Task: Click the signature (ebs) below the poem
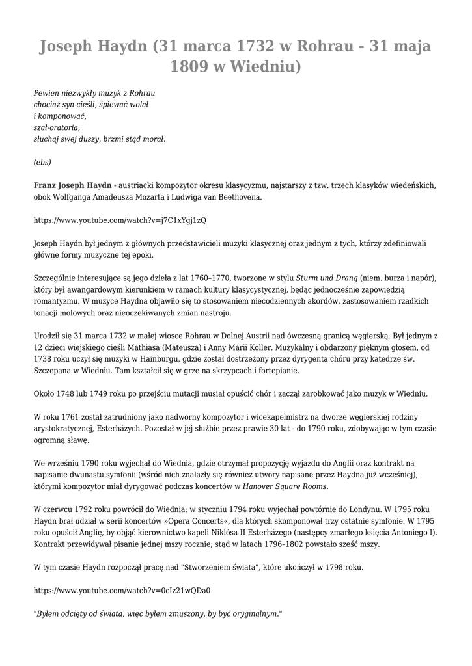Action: coord(42,163)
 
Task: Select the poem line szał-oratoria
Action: coord(57,127)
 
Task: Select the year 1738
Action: coord(44,359)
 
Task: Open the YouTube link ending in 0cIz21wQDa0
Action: coord(122,591)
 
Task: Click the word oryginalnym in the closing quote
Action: coord(257,613)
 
